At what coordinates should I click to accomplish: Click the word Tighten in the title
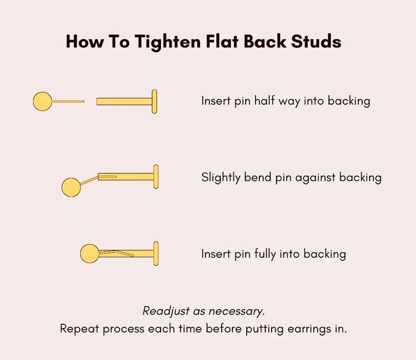168,42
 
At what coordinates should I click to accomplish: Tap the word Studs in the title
316,42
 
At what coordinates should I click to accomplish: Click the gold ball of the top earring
43,101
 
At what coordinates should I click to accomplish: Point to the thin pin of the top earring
68,101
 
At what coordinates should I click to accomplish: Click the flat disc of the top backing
154,102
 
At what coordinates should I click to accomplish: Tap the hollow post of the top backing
124,102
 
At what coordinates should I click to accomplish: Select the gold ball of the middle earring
71,187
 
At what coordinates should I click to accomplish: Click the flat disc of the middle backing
156,177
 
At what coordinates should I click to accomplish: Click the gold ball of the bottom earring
90,254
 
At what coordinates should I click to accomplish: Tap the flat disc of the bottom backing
156,254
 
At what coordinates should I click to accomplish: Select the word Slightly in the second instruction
221,178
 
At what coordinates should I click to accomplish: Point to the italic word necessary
237,312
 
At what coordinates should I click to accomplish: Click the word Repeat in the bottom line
79,329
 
